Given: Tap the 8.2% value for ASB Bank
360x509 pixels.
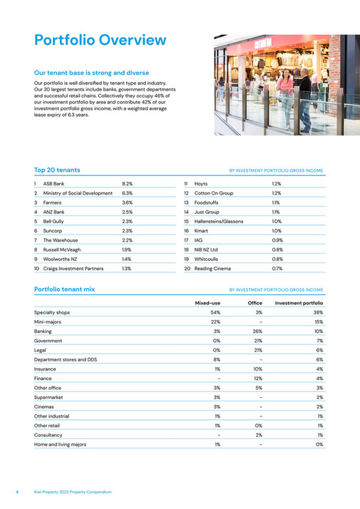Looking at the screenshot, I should [x=128, y=184].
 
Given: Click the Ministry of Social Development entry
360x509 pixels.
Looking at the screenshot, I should [x=78, y=193].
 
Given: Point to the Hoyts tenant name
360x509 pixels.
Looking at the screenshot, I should [x=201, y=184].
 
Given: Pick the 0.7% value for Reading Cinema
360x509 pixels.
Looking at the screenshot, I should [x=277, y=269].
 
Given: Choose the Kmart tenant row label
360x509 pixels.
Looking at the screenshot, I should [x=201, y=231].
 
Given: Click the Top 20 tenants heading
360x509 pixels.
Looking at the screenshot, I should [x=57, y=170].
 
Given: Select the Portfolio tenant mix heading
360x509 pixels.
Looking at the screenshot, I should [x=64, y=289].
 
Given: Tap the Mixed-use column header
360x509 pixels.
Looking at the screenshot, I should [x=207, y=303].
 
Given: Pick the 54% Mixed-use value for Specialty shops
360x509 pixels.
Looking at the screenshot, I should [x=215, y=312].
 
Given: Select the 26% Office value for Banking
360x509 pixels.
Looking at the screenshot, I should [x=258, y=331].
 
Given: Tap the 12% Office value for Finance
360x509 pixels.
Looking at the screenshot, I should [x=258, y=379].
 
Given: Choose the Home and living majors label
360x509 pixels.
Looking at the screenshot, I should [x=60, y=444].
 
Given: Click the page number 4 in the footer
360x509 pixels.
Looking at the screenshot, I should [x=17, y=493].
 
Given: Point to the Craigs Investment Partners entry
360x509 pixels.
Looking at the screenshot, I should [x=73, y=269].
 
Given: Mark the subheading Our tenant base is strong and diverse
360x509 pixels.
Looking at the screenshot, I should [x=92, y=72].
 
